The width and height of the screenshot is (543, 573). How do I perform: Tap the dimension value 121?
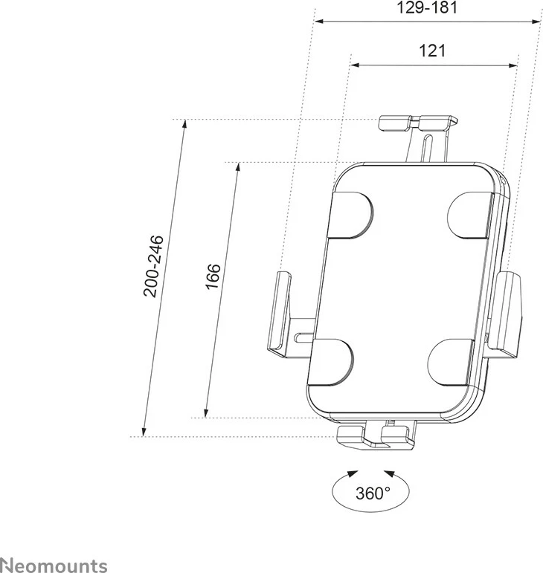pyautogui.click(x=432, y=51)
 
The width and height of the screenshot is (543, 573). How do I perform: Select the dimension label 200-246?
pyautogui.click(x=155, y=267)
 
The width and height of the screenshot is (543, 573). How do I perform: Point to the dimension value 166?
pyautogui.click(x=213, y=281)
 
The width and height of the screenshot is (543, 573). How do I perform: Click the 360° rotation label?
pyautogui.click(x=372, y=493)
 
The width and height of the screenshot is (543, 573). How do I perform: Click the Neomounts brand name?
pyautogui.click(x=54, y=565)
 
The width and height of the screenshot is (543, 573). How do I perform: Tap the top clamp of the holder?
pyautogui.click(x=415, y=123)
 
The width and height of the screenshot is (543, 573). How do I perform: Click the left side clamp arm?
pyautogui.click(x=280, y=312)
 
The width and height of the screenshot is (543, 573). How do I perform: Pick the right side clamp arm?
pyautogui.click(x=512, y=313)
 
